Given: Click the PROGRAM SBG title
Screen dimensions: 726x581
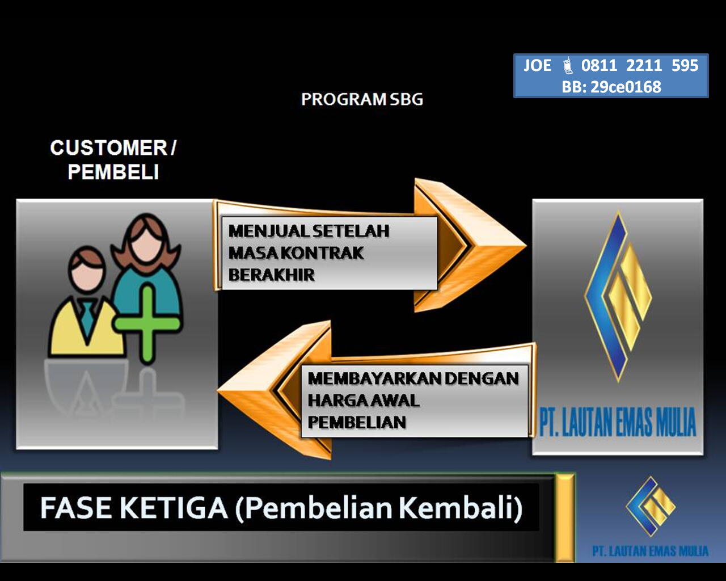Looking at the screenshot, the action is (x=362, y=99).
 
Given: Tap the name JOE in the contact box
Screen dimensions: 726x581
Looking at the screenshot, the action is (x=538, y=65).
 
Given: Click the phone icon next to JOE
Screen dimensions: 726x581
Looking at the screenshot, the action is (x=567, y=65).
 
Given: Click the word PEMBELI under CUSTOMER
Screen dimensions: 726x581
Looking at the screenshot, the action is (x=113, y=172).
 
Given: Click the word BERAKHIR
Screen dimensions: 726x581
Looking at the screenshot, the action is (x=271, y=275).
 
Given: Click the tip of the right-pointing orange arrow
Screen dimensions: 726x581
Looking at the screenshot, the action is (x=526, y=246).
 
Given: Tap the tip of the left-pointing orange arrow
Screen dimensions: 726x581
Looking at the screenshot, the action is (x=218, y=391).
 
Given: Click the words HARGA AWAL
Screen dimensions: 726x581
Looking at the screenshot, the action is (x=364, y=401).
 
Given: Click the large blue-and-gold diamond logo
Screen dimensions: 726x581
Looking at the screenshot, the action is (x=618, y=296).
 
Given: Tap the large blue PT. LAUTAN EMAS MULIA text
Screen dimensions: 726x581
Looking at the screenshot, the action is (x=617, y=422).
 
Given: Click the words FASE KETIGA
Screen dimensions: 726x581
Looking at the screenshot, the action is (x=134, y=508).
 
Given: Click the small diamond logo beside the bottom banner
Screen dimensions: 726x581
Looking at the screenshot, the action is (x=651, y=506).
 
